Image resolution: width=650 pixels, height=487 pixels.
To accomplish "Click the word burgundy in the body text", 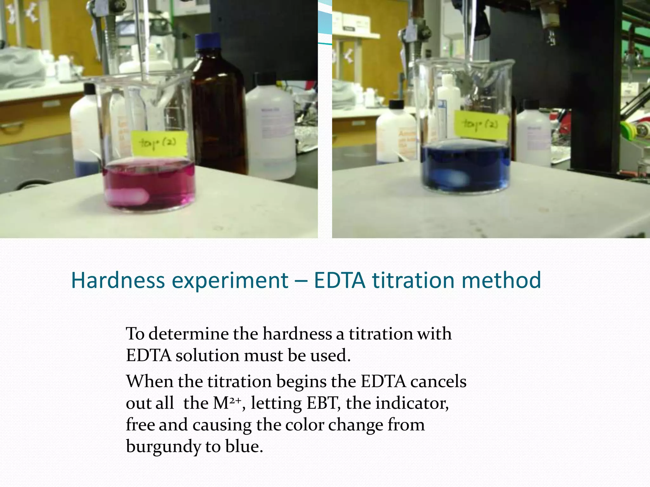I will click(163, 446).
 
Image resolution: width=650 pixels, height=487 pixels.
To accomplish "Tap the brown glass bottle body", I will click(219, 120).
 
